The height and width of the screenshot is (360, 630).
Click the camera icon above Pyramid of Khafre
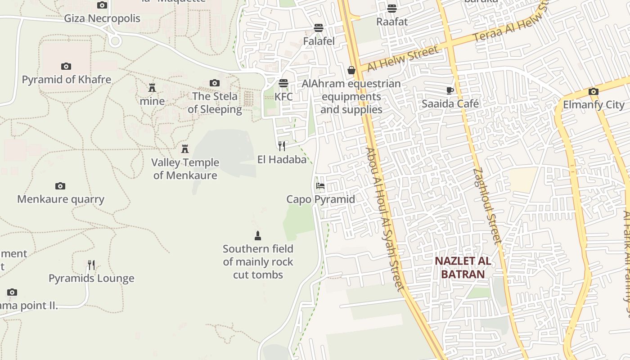tap(66, 67)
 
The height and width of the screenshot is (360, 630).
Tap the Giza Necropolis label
tap(102, 18)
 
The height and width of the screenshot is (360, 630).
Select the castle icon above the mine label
tap(152, 88)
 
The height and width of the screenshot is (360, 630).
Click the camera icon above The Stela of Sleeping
tap(215, 83)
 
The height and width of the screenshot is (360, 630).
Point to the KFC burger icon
tap(283, 83)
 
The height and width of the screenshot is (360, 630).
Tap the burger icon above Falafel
tap(319, 28)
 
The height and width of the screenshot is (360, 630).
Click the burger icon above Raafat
tap(392, 8)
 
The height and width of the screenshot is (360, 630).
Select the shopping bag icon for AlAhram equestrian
tap(351, 70)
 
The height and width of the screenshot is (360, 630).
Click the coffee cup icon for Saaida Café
tap(450, 90)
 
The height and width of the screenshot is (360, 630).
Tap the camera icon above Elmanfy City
tap(594, 92)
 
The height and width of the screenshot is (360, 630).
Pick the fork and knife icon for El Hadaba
tap(282, 146)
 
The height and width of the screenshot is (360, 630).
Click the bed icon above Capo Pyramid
tap(320, 185)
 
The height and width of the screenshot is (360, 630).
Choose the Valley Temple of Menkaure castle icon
tap(184, 148)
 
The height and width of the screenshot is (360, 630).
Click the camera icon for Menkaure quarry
tap(60, 186)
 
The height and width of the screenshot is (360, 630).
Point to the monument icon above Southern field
tap(258, 235)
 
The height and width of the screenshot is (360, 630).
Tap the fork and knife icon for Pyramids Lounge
tap(91, 265)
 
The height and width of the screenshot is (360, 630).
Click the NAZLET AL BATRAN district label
tap(463, 268)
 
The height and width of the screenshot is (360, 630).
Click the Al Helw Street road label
tap(403, 58)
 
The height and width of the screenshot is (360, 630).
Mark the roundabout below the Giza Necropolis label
tap(115, 41)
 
